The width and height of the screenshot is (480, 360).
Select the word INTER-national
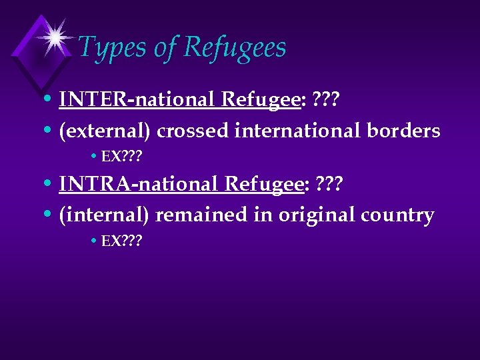click(137, 99)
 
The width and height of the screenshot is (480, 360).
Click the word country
click(400, 215)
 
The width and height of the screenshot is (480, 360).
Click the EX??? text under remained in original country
click(121, 241)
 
